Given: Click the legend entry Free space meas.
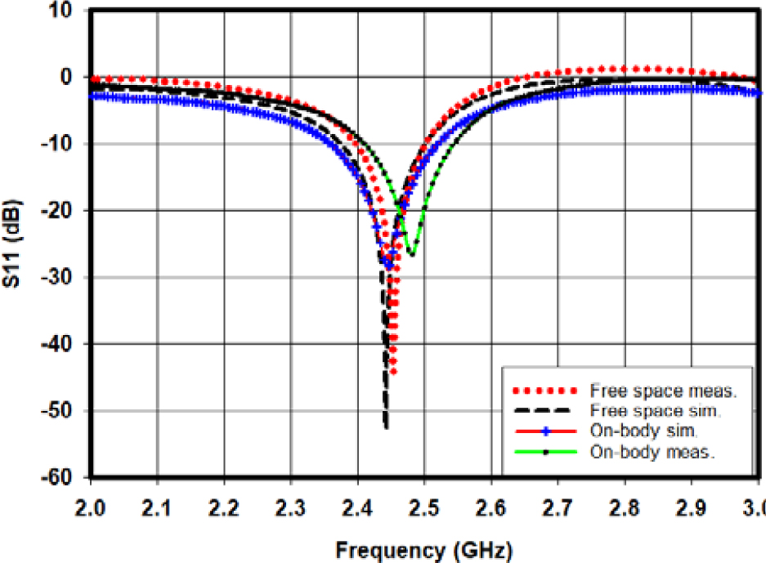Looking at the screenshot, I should coord(663,391).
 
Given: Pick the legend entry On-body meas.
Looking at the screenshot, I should coord(657,449).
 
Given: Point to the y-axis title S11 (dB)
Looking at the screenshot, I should coord(14,245).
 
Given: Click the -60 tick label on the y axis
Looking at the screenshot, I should coord(60,477).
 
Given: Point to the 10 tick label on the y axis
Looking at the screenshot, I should coord(64,11).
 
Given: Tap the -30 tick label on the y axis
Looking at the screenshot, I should coord(60,278).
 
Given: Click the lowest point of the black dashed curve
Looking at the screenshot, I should coord(386,427).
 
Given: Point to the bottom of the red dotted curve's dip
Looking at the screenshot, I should coord(393,373).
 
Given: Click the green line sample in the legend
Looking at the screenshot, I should coord(544,449).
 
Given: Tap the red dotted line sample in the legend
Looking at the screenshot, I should coord(544,391).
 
